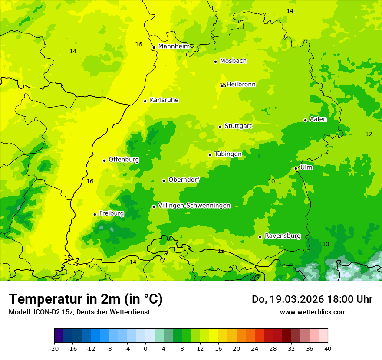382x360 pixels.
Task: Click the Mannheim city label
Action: (174, 46)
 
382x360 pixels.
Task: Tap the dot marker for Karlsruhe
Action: (145, 101)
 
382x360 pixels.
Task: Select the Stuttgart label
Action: (238, 126)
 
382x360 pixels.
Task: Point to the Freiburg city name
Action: (111, 213)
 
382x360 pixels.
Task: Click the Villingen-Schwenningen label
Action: (194, 206)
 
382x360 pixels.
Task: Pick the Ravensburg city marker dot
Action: (260, 237)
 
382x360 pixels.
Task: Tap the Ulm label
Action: (306, 167)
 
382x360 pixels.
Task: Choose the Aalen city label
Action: (318, 119)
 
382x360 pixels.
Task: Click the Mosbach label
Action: (233, 61)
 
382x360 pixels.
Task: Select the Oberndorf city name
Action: (184, 180)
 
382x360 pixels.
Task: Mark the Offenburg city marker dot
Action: (104, 160)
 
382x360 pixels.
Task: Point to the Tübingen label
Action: (228, 154)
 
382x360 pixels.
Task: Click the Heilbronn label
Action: (241, 85)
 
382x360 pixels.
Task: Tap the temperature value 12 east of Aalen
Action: (369, 134)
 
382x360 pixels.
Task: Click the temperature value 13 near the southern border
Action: (221, 251)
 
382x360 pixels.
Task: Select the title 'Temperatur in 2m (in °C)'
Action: (86, 299)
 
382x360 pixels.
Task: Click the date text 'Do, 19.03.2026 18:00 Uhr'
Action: (312, 299)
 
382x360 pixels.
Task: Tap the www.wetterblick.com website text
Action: (313, 312)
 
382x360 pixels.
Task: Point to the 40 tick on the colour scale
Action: (328, 348)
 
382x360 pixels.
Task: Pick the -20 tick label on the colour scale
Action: (54, 348)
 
